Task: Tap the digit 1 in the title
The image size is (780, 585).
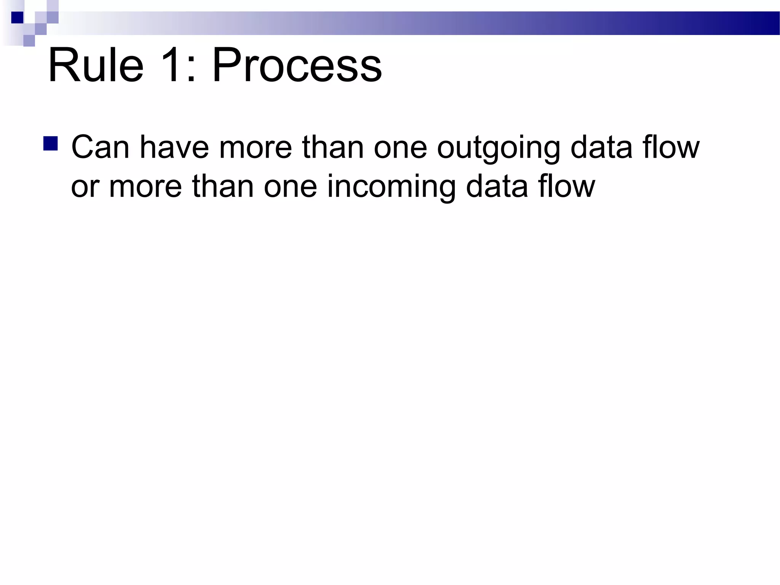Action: coord(168,65)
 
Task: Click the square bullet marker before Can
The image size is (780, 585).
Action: coord(51,144)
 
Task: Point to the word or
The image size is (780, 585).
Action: coord(85,188)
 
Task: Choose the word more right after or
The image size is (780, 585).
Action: coord(145,188)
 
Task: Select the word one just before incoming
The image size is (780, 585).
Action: coord(291,188)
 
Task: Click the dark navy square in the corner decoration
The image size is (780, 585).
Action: coord(17,18)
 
